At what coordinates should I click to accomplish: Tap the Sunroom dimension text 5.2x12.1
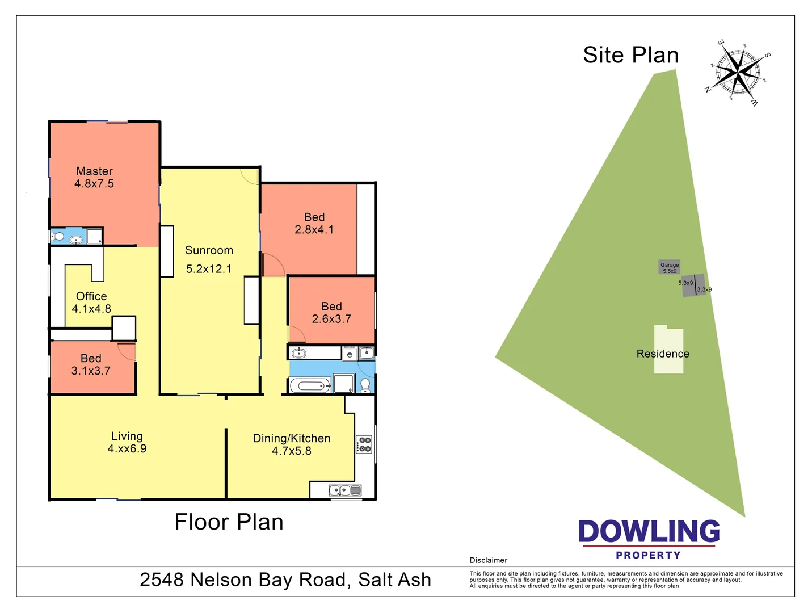(x=209, y=269)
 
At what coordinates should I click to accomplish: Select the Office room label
(x=91, y=296)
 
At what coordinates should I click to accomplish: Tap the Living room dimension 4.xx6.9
(x=127, y=448)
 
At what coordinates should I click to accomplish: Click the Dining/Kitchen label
(x=292, y=438)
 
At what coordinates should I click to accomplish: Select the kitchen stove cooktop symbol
(x=364, y=444)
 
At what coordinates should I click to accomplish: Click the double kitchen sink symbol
(x=345, y=490)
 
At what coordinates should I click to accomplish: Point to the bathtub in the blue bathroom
(x=310, y=386)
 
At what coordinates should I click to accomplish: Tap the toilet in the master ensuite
(x=57, y=237)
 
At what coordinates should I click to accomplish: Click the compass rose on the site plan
(x=737, y=72)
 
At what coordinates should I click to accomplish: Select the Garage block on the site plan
(x=670, y=267)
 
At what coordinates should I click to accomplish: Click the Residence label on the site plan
(x=663, y=354)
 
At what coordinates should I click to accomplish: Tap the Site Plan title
(x=630, y=55)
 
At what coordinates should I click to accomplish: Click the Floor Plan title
(x=229, y=522)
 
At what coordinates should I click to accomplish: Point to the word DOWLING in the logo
(x=649, y=532)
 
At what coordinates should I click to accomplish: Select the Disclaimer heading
(x=488, y=560)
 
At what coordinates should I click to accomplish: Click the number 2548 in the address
(x=162, y=580)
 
